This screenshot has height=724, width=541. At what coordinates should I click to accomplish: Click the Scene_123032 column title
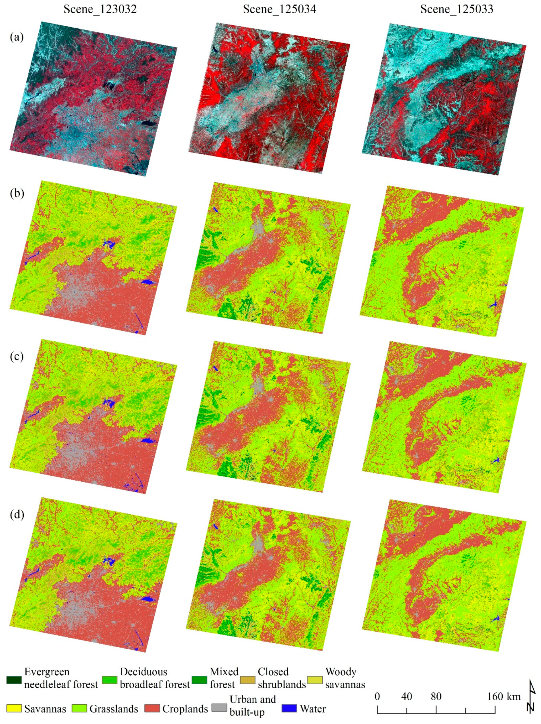click(x=100, y=9)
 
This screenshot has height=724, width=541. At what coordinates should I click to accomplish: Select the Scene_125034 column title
click(x=279, y=9)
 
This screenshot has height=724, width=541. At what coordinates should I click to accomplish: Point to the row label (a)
click(x=17, y=37)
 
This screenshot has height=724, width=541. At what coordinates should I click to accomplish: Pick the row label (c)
click(x=17, y=356)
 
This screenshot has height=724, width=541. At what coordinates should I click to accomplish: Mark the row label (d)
click(x=17, y=514)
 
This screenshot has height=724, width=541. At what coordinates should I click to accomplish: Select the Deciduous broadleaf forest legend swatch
click(x=110, y=680)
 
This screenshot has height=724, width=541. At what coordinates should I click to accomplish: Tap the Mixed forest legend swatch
click(x=199, y=680)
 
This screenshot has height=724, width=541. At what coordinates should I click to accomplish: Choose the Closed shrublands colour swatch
click(x=247, y=680)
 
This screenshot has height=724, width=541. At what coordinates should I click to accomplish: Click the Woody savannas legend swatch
click(x=315, y=680)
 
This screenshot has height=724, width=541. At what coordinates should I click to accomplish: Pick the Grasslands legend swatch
click(x=80, y=709)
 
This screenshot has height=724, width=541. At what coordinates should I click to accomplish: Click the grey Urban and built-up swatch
click(x=219, y=709)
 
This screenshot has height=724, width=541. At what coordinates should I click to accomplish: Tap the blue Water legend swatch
click(x=289, y=709)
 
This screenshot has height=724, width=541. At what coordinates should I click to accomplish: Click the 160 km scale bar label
click(x=503, y=696)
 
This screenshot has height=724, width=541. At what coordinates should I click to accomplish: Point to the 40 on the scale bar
click(x=407, y=696)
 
